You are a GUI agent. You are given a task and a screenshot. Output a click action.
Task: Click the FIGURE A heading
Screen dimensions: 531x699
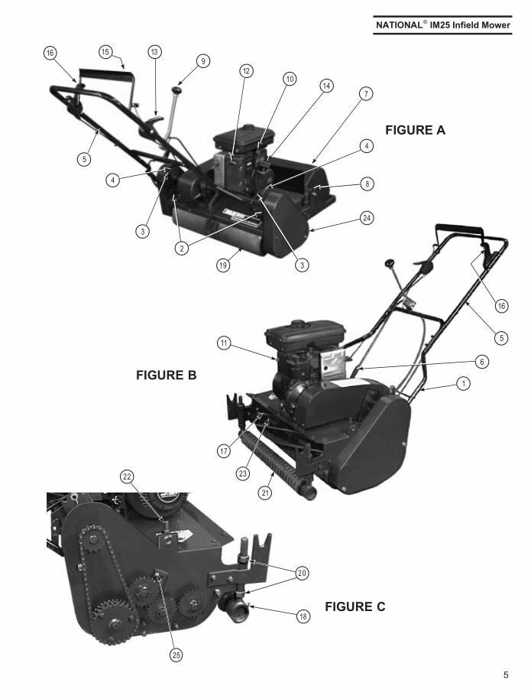click(x=415, y=130)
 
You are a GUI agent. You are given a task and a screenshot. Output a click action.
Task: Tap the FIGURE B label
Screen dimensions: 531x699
click(x=166, y=376)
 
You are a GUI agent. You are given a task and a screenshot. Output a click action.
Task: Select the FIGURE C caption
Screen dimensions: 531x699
click(x=355, y=606)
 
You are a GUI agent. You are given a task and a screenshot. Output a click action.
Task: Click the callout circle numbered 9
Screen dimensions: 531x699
click(x=203, y=61)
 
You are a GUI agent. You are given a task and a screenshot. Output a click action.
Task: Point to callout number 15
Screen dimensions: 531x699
click(x=105, y=52)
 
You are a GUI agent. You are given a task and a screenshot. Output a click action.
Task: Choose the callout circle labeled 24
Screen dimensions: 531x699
click(x=367, y=218)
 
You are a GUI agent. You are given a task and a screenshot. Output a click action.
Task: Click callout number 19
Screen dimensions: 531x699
click(x=223, y=265)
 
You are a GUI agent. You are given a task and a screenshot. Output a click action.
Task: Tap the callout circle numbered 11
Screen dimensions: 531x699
click(x=224, y=343)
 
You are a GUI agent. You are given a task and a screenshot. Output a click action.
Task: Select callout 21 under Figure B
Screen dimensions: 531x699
click(x=265, y=493)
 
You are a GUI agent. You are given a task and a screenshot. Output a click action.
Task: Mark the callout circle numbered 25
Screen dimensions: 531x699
click(x=176, y=655)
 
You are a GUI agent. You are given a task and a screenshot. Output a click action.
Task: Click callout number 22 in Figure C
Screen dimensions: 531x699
click(x=127, y=476)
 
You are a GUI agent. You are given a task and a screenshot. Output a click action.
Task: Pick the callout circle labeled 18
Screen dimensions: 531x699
click(x=303, y=616)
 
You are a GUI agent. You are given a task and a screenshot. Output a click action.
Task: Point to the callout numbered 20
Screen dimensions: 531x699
click(x=302, y=573)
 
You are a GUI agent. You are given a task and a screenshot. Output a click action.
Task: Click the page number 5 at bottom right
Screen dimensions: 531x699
click(x=506, y=675)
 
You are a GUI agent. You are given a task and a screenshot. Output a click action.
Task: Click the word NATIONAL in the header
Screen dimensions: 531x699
click(x=397, y=25)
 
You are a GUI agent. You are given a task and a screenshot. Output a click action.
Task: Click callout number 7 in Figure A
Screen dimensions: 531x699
click(x=366, y=93)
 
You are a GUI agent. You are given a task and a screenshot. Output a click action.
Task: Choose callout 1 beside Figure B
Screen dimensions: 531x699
click(x=463, y=383)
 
